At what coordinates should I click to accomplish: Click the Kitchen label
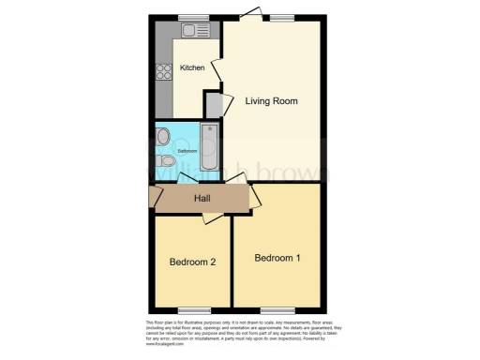coord(192,68)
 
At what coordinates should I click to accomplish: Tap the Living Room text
coord(271,100)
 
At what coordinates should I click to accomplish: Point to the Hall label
coord(202,199)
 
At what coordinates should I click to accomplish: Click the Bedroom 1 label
coord(277,257)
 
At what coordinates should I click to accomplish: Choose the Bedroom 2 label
coord(194,262)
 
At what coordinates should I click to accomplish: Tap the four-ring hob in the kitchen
coord(162,72)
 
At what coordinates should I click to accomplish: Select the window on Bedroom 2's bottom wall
coord(193,309)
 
